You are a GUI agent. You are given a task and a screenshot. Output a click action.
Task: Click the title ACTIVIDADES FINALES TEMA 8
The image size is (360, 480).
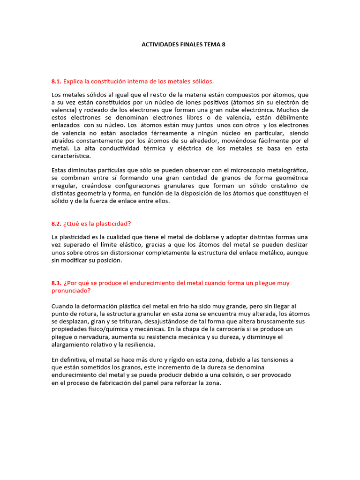(x=180, y=45)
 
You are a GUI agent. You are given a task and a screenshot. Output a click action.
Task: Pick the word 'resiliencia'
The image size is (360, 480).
(x=138, y=345)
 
